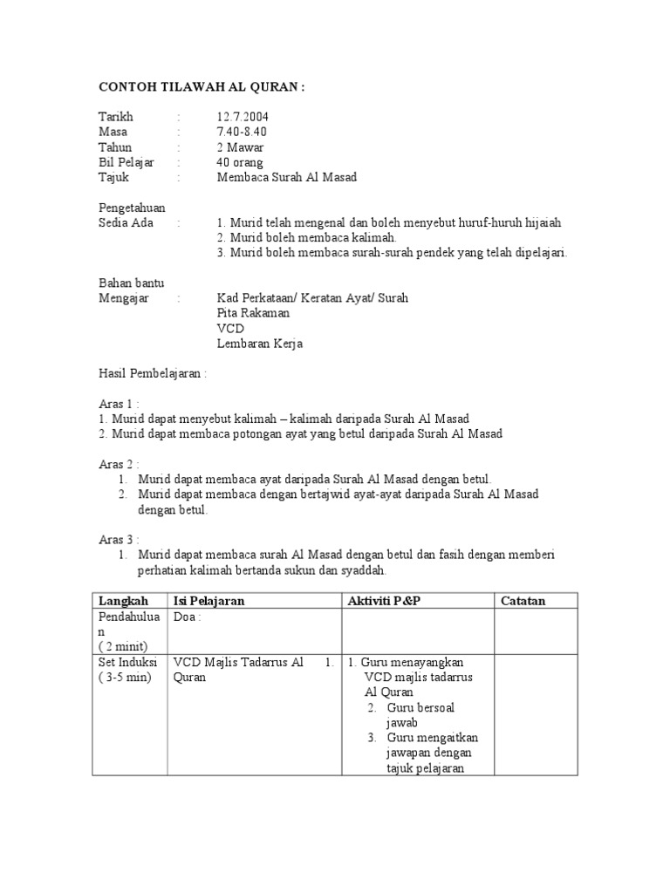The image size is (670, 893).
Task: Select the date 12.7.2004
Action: tap(243, 117)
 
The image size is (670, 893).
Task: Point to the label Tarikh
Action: tap(115, 117)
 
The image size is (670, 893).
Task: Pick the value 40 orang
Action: tap(240, 162)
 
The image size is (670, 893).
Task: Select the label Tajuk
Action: tap(114, 177)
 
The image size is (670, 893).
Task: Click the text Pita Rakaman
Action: tap(253, 313)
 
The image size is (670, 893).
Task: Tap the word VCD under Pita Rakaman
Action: tap(230, 328)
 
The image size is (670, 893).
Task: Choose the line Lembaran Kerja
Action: tap(260, 344)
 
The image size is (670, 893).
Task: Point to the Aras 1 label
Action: tap(119, 404)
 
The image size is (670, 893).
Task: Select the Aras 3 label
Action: tap(119, 539)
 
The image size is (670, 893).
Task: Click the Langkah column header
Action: tap(123, 601)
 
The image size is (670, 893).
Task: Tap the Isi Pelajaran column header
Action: tap(209, 601)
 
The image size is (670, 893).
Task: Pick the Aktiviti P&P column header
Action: tap(384, 601)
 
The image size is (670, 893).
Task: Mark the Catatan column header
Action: tap(523, 601)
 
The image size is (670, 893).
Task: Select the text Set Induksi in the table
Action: tap(124, 662)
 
